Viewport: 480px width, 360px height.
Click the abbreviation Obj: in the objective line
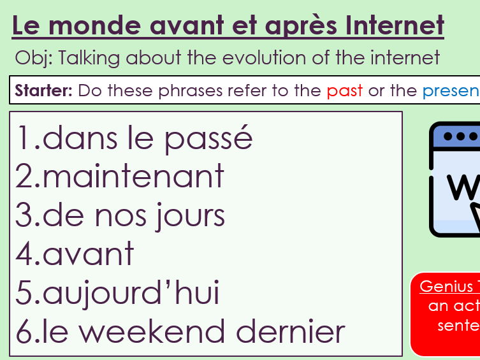pyautogui.click(x=34, y=59)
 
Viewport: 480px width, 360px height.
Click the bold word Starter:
pyautogui.click(x=44, y=90)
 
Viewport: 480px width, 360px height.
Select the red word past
pyautogui.click(x=345, y=90)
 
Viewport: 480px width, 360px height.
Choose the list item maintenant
pyautogui.click(x=133, y=176)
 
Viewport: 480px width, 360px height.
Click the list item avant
pyautogui.click(x=88, y=254)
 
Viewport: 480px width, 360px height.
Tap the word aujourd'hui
pyautogui.click(x=131, y=294)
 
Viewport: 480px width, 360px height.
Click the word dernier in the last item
pyautogui.click(x=291, y=332)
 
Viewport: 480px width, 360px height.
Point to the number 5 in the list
pyautogui.click(x=24, y=294)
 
